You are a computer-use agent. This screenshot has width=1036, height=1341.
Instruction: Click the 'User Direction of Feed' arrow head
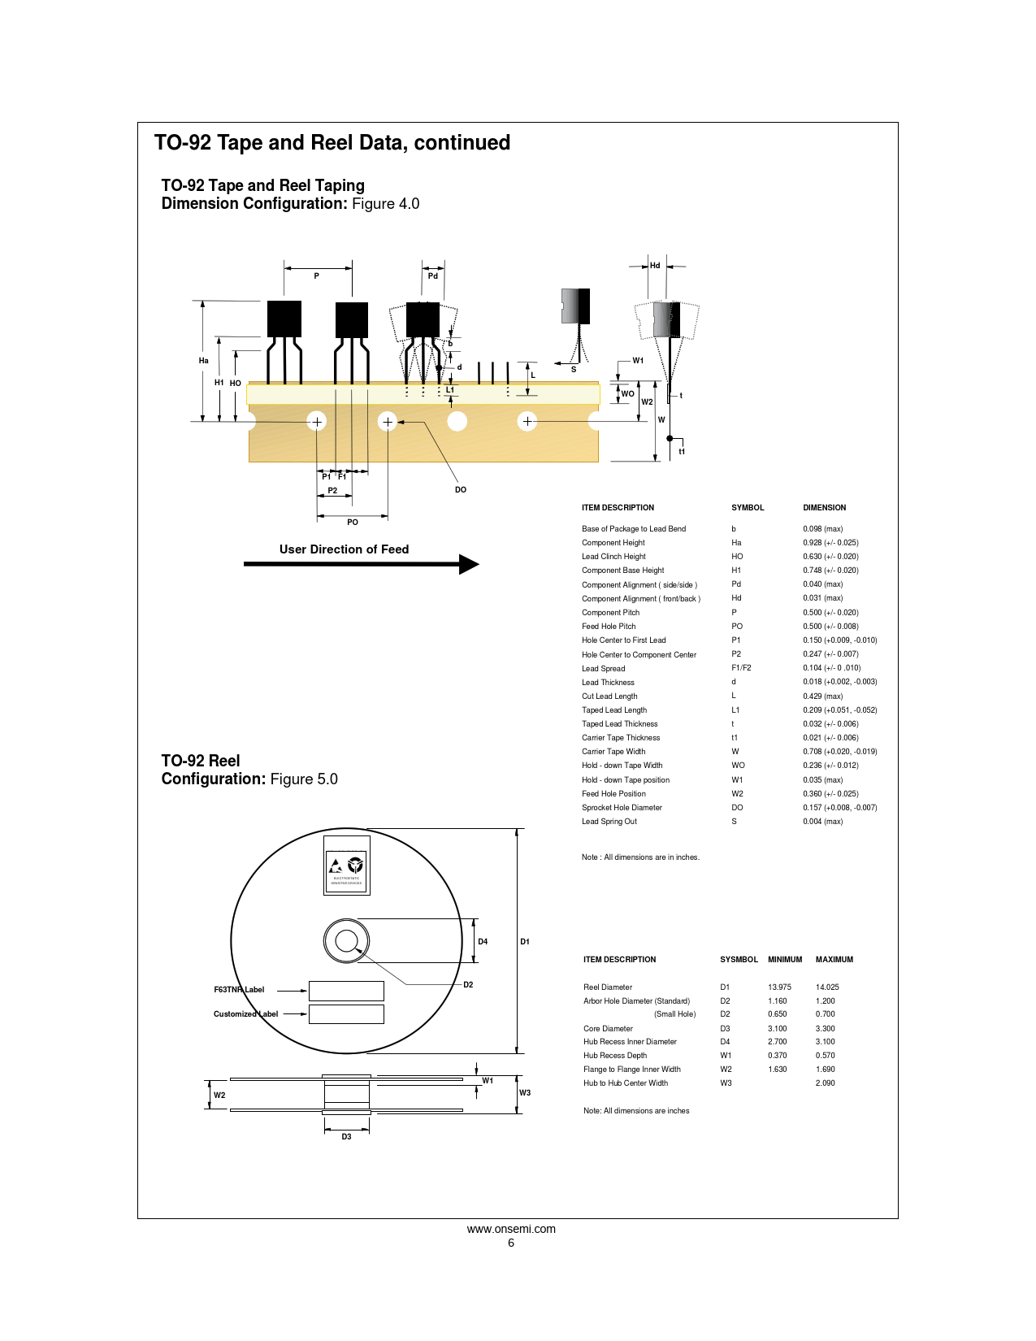(469, 564)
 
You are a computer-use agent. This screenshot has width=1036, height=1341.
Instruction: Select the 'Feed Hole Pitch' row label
(609, 627)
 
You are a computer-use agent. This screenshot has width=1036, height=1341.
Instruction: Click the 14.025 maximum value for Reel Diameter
(827, 987)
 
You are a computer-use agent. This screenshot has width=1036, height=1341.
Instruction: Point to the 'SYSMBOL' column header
(739, 960)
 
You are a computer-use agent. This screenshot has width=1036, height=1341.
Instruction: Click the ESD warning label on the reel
(347, 866)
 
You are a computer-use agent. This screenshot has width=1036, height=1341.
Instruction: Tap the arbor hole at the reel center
(347, 941)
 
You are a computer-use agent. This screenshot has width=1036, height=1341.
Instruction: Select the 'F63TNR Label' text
(239, 990)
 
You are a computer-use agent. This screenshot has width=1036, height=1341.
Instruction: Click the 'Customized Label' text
(245, 1014)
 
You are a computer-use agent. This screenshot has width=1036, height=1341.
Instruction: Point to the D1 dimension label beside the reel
(525, 942)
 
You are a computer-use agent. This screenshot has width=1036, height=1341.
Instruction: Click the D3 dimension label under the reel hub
(346, 1137)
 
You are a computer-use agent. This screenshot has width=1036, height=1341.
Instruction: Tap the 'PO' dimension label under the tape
(353, 523)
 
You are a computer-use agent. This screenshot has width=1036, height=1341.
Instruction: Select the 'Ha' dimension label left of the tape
(204, 361)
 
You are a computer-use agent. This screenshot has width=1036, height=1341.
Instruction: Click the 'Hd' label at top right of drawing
(655, 266)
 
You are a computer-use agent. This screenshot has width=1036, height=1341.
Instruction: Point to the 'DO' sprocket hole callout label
(461, 490)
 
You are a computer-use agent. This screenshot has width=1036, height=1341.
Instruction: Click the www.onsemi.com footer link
(511, 1229)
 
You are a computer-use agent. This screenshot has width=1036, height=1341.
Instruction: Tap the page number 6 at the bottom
(511, 1243)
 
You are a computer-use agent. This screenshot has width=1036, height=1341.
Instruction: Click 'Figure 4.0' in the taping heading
(385, 204)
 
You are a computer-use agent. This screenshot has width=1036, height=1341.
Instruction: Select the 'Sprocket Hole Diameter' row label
(622, 808)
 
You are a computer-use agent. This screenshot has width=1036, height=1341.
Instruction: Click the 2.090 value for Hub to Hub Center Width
(825, 1083)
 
